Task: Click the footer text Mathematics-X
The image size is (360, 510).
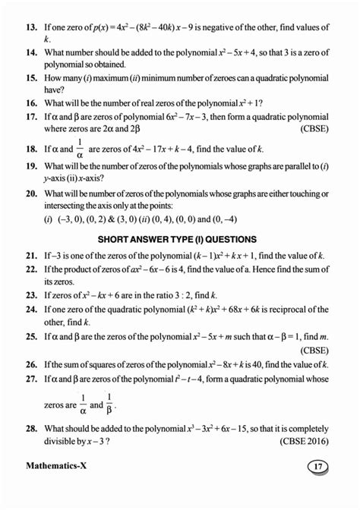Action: pyautogui.click(x=58, y=486)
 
